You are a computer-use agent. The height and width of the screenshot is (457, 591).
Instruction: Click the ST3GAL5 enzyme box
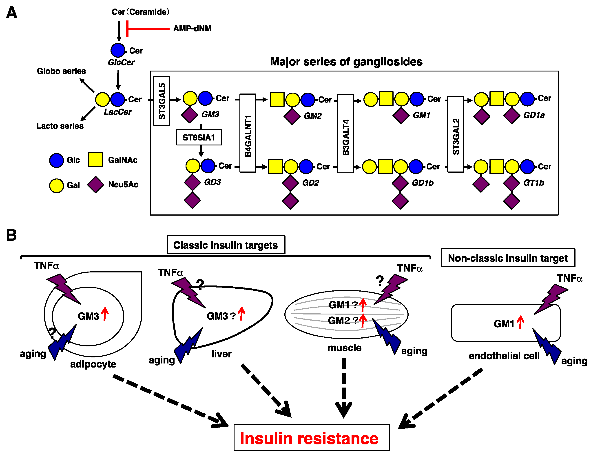point(162,101)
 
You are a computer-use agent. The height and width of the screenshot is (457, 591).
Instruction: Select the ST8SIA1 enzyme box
point(199,137)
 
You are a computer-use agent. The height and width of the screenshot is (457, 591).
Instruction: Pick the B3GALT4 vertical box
point(345,134)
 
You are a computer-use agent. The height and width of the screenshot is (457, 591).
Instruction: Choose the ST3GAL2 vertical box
point(456,134)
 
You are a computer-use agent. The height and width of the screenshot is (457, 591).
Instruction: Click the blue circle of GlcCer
point(118,50)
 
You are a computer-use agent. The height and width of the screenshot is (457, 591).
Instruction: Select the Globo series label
point(61,71)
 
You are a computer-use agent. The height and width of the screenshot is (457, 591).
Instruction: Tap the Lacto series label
point(60,126)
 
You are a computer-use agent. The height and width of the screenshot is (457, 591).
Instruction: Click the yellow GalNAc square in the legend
point(95,159)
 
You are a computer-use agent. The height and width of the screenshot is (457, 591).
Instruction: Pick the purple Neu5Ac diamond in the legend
point(95,185)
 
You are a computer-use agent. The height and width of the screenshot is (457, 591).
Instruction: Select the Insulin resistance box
point(312,438)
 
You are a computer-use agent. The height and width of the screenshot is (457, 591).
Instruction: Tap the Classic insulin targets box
point(226,245)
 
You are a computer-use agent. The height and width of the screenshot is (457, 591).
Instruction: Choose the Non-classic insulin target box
point(508,258)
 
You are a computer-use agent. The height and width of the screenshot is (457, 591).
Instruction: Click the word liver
point(221,354)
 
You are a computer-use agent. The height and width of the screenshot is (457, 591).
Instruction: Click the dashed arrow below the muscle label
point(344,387)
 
